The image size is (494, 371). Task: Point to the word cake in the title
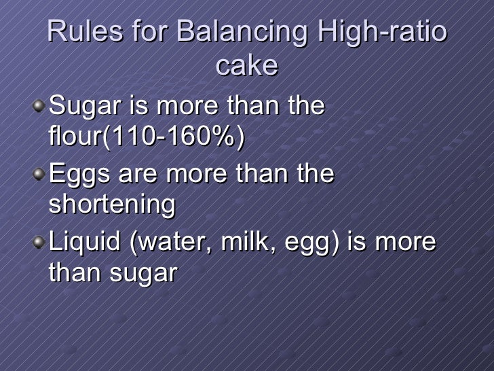(247, 65)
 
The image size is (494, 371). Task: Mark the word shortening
(112, 205)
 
